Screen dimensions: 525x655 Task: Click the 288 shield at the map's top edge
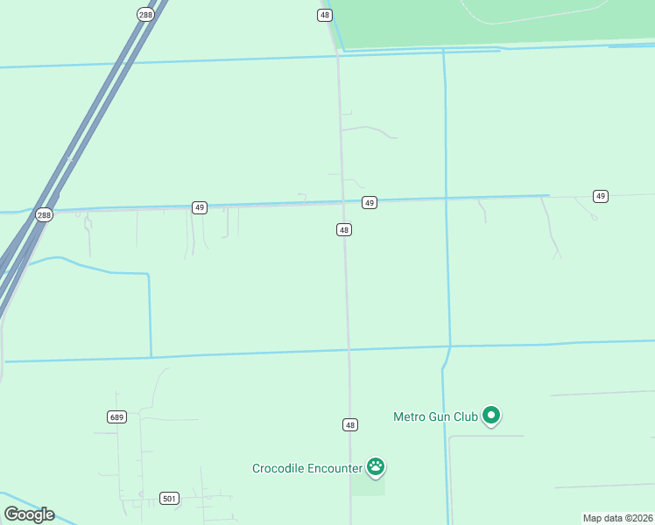pos(144,14)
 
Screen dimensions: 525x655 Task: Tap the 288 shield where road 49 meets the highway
pos(44,214)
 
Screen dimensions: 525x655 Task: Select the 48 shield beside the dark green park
pos(325,15)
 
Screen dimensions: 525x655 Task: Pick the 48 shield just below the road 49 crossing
pos(344,229)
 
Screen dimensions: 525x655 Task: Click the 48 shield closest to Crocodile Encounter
pos(350,424)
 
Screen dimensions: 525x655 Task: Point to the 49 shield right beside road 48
pos(370,202)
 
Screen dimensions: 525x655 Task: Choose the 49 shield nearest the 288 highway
pos(201,207)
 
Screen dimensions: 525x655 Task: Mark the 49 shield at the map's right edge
pos(600,195)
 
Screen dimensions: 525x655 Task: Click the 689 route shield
pos(117,416)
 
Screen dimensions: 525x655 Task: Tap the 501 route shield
pos(170,499)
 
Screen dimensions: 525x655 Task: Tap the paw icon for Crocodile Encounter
pos(376,466)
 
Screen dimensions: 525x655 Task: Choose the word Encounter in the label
pos(335,469)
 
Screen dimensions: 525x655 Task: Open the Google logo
pos(29,514)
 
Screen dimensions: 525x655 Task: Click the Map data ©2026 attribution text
pos(617,518)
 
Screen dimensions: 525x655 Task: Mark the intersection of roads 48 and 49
pos(343,203)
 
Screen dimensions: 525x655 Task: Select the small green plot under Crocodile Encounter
pos(368,486)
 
